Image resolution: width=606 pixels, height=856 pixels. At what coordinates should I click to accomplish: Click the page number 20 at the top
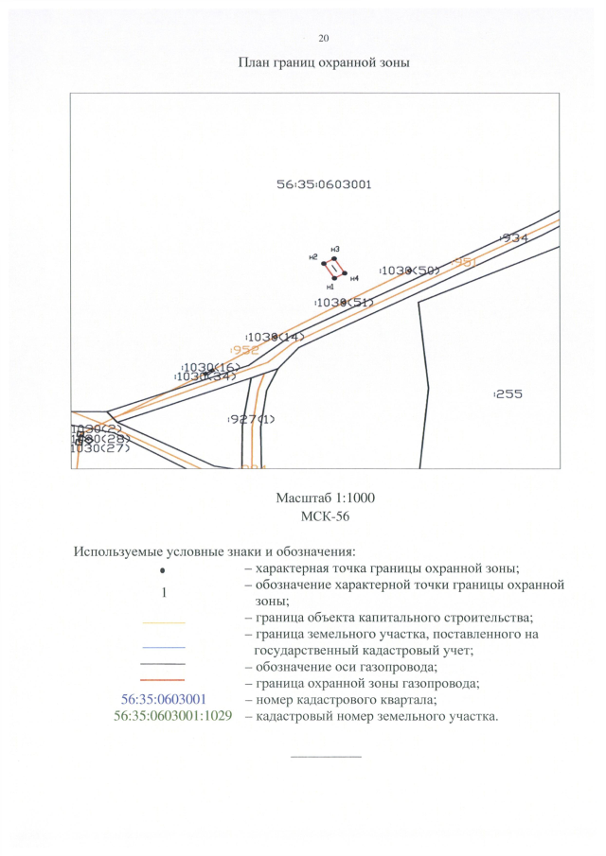pos(324,38)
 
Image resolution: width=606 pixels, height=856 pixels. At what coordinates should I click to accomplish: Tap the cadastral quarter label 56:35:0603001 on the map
pos(324,184)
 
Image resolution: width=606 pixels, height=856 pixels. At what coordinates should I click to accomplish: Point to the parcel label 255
pos(508,393)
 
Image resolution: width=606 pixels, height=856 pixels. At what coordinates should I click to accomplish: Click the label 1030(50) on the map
pos(410,271)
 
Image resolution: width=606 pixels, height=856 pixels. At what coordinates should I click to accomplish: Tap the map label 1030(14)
pos(275,337)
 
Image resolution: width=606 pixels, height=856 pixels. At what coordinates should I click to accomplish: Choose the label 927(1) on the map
pos(251,419)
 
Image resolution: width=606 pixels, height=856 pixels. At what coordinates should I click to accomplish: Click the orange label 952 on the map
pos(244,350)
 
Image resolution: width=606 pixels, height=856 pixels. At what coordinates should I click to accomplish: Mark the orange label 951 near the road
pos(463,261)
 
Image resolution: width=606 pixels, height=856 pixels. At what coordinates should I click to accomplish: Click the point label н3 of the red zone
pos(335,249)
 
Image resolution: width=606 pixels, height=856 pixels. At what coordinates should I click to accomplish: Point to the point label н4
pos(354,278)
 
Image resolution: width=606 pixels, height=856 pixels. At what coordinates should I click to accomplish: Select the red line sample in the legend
pos(164,680)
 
